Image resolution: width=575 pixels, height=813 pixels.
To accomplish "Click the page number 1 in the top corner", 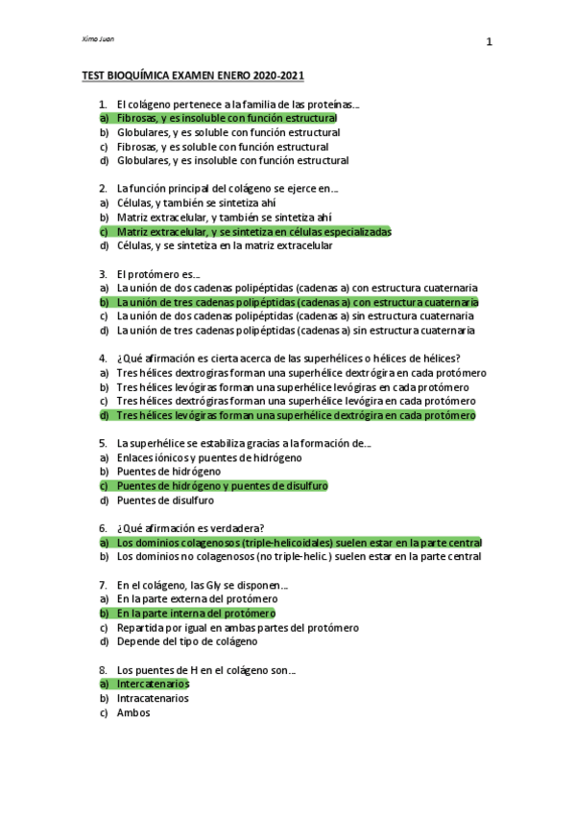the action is click(489, 42).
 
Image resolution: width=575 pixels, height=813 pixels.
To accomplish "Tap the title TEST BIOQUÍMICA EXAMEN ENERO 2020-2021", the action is click(193, 75).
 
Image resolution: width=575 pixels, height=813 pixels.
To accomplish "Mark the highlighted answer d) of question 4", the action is click(296, 416).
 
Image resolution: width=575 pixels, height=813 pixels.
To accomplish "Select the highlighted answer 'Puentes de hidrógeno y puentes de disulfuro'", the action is click(222, 486).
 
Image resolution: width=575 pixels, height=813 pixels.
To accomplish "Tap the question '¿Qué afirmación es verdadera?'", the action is click(190, 528).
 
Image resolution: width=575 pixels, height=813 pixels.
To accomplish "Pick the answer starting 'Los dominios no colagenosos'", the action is click(299, 556).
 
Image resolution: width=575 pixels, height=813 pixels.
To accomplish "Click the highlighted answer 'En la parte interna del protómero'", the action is click(196, 614).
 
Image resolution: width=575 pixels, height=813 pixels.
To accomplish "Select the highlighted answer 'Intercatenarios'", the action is click(153, 685).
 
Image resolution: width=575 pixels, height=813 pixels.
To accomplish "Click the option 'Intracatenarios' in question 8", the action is click(152, 699).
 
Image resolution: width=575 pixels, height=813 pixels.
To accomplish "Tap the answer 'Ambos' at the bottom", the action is click(133, 712).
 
